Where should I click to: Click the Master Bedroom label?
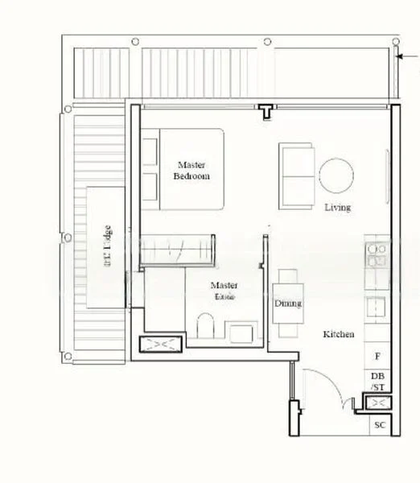click(191, 170)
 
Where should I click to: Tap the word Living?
click(338, 208)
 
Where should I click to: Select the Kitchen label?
click(339, 333)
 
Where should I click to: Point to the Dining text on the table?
click(288, 303)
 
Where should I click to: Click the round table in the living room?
click(336, 175)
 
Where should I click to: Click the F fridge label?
click(377, 355)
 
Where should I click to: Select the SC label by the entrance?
click(379, 424)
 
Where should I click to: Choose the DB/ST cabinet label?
click(378, 382)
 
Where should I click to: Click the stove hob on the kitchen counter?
click(377, 255)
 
